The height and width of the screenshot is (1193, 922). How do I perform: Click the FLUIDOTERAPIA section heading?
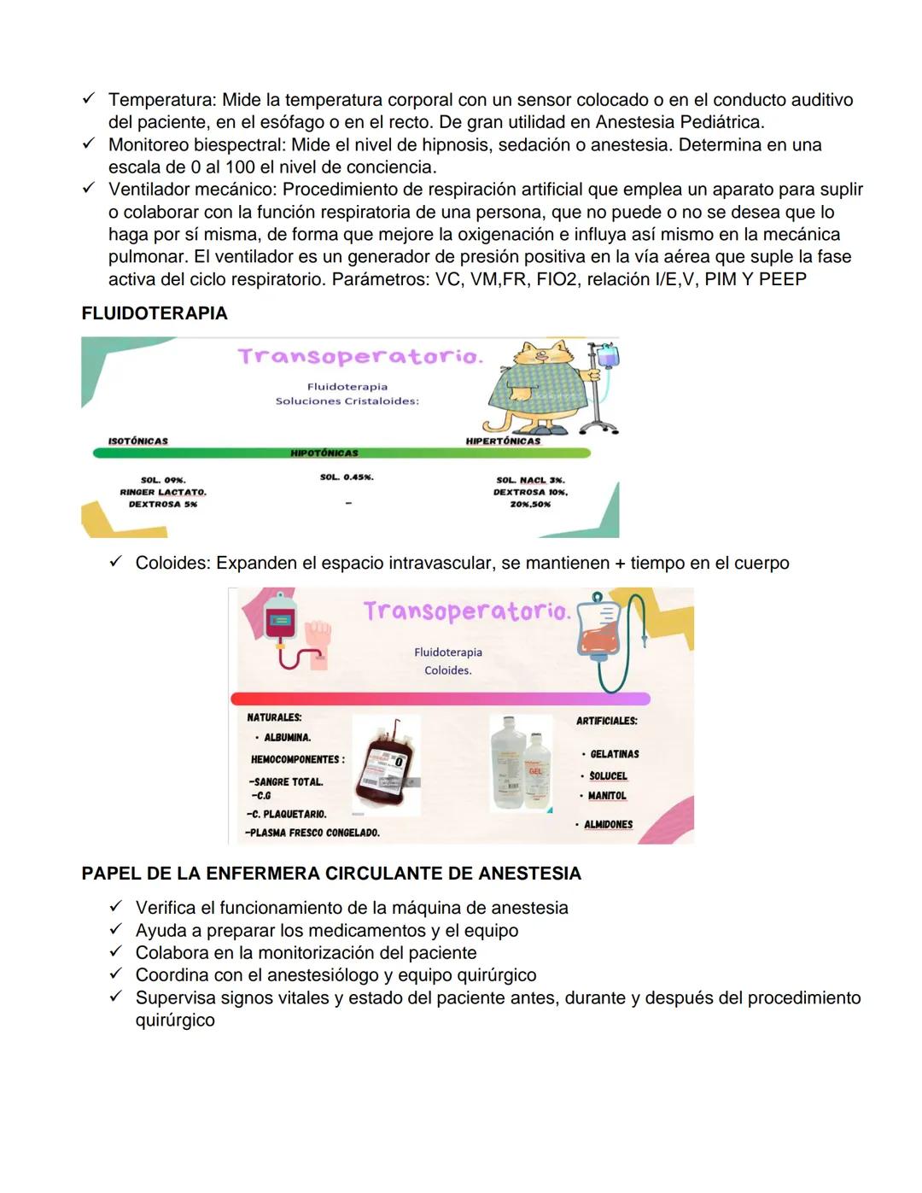(155, 313)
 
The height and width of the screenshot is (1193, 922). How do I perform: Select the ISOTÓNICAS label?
(137, 442)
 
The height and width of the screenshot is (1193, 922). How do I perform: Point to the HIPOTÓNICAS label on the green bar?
(324, 453)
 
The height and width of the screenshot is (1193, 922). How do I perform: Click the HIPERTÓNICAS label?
(503, 442)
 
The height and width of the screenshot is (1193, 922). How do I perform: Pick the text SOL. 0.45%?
(347, 477)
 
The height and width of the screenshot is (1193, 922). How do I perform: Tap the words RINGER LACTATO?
(163, 492)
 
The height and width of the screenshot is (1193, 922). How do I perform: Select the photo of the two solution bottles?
(520, 762)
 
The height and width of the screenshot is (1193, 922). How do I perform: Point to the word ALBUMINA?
(287, 738)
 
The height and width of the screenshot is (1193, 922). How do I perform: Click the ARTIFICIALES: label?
(606, 721)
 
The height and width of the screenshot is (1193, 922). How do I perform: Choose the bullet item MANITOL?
(607, 796)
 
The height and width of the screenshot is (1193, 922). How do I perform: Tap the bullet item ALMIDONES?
(608, 825)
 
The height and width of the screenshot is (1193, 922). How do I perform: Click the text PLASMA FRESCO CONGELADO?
(313, 833)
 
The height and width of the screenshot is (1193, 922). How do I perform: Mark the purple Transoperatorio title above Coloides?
(465, 611)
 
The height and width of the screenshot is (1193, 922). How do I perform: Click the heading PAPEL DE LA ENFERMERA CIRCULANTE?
(331, 874)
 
